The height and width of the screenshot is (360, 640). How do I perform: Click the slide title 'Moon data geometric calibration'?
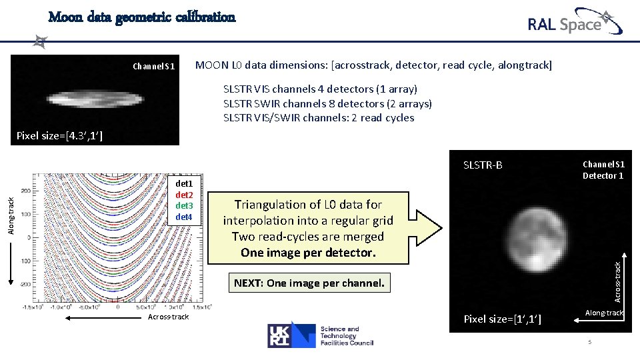tap(142, 17)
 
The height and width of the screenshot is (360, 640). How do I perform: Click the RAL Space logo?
tap(574, 23)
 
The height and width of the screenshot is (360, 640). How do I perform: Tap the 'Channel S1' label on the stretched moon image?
tap(153, 66)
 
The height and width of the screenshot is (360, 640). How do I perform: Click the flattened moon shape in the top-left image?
tap(95, 101)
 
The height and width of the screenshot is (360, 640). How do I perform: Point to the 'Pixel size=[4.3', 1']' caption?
tap(59, 136)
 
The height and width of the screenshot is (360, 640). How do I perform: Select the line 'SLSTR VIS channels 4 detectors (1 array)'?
tap(320, 89)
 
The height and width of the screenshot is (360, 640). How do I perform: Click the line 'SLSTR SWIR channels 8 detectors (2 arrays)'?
tap(327, 103)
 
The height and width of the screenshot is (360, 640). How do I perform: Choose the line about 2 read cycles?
tap(319, 118)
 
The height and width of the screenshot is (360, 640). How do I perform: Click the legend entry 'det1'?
tap(183, 183)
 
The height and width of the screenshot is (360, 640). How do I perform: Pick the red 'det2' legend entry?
tap(183, 194)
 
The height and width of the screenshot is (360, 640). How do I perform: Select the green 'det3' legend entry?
tap(183, 205)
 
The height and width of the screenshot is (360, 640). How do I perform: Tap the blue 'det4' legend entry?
tap(183, 217)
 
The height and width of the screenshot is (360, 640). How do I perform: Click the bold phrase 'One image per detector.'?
tap(308, 253)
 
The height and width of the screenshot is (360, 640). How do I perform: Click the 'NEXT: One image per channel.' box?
tap(309, 283)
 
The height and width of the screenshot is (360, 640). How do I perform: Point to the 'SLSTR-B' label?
tap(483, 165)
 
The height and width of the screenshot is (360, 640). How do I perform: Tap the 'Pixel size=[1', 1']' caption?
tap(502, 319)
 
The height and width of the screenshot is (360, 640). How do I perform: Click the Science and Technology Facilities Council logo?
tap(321, 335)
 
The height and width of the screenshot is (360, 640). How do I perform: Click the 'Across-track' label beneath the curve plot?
tap(167, 317)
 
